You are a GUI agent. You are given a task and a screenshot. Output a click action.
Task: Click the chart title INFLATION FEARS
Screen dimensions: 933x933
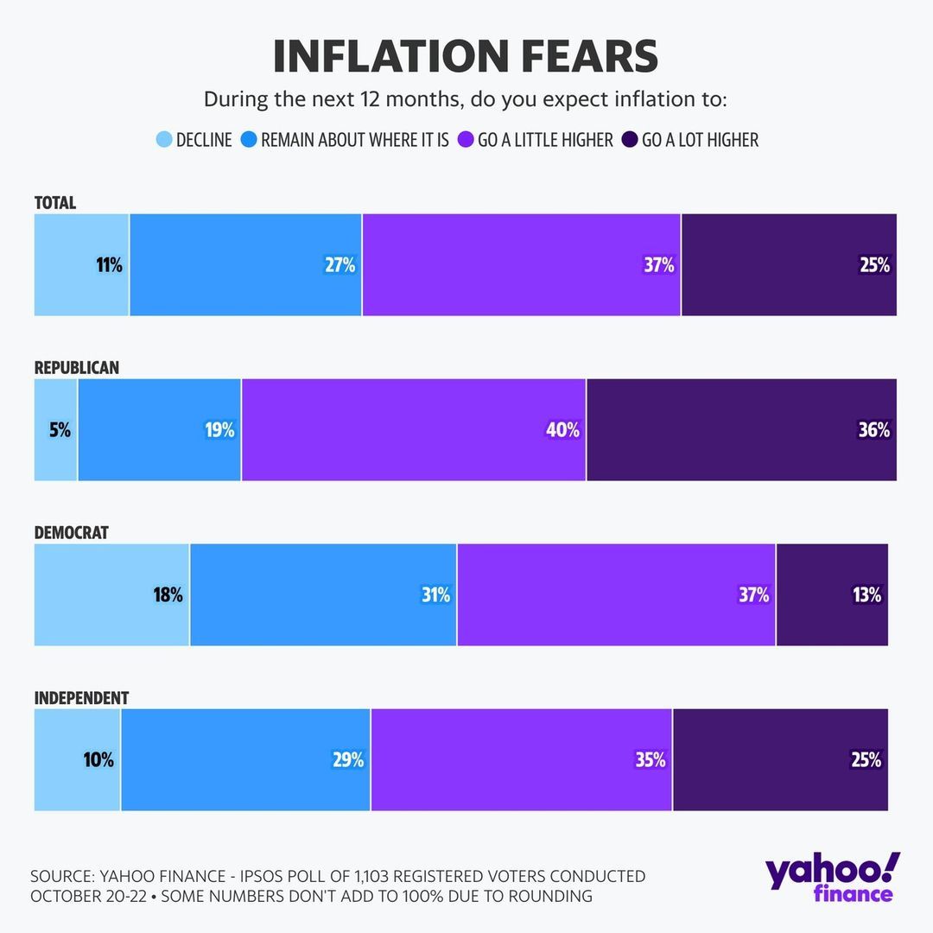click(x=466, y=56)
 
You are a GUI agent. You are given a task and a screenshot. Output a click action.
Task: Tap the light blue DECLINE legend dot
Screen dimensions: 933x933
click(x=164, y=140)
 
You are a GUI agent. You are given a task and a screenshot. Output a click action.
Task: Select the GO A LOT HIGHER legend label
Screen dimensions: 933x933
click(x=700, y=140)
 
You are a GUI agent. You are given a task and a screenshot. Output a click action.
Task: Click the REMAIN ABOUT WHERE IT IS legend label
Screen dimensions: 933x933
click(x=354, y=140)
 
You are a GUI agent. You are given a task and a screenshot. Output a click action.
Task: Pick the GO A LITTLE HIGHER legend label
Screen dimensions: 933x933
click(x=545, y=140)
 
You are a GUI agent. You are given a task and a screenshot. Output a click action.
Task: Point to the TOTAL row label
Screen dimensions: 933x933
click(x=55, y=203)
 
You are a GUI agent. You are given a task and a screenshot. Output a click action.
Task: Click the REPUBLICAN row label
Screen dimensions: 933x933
click(x=77, y=368)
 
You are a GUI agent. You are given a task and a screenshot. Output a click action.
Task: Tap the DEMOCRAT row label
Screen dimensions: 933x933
click(x=72, y=533)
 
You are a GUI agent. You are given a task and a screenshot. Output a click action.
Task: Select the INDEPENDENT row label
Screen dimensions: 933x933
click(x=82, y=698)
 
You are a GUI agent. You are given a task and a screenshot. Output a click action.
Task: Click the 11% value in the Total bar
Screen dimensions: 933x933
click(x=109, y=265)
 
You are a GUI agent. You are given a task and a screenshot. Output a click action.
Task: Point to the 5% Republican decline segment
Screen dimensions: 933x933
click(x=56, y=430)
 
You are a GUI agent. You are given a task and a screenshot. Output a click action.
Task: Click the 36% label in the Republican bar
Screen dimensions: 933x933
click(x=873, y=430)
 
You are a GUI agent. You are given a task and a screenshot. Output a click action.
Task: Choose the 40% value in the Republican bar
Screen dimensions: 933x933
click(x=562, y=430)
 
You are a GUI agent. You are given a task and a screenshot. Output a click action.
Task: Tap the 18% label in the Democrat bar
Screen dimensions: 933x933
click(x=168, y=595)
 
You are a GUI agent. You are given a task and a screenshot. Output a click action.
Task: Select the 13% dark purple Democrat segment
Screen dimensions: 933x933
click(x=832, y=595)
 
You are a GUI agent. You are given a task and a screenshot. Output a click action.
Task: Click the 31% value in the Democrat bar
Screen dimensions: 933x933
click(x=435, y=595)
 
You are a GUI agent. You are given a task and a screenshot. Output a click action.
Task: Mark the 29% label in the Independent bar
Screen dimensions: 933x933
click(x=348, y=760)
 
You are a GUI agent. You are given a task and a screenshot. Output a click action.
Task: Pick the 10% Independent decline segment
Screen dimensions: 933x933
click(x=78, y=760)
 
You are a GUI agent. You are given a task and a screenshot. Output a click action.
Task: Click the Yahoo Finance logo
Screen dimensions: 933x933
click(x=831, y=877)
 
